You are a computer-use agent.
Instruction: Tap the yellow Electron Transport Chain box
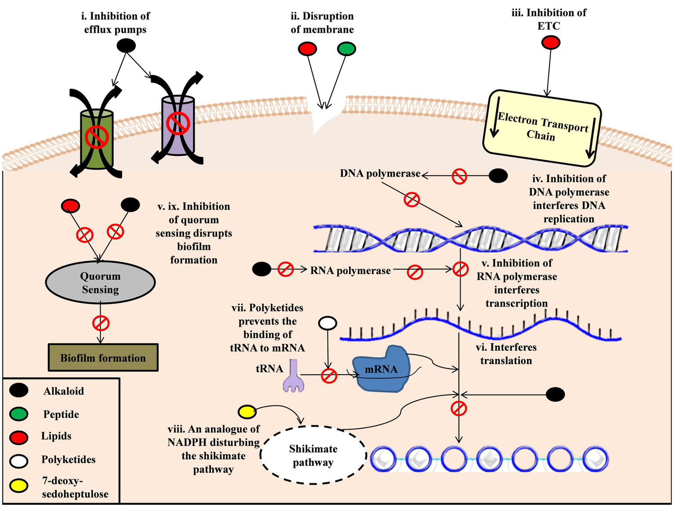[542, 128]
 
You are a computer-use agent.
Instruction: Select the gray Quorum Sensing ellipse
[100, 283]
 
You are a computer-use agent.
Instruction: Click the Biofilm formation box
[103, 358]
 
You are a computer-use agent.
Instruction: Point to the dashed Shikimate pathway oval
[313, 455]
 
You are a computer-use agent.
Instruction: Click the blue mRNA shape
[381, 369]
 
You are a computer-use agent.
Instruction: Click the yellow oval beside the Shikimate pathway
[247, 412]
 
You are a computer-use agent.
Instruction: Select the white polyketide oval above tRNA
[328, 323]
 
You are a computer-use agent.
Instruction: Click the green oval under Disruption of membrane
[346, 49]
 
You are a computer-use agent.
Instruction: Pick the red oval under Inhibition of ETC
[551, 43]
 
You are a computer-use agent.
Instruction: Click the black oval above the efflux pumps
[126, 45]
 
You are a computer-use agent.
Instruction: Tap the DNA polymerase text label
[380, 174]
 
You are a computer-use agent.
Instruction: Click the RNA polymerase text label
[350, 271]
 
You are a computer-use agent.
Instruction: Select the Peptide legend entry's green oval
[18, 414]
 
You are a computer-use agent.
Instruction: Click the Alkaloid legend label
[63, 391]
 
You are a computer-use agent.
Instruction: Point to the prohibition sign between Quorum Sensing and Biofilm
[101, 323]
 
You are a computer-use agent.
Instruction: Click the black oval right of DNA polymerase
[498, 176]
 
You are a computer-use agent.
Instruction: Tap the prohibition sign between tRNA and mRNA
[329, 376]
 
